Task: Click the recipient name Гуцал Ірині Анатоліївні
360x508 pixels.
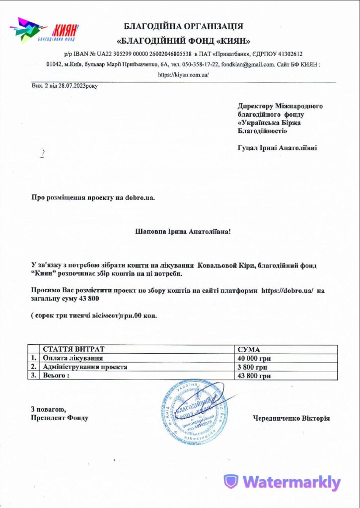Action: [277, 147]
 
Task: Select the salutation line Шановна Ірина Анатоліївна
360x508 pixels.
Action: [183, 231]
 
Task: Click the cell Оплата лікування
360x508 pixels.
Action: [73, 358]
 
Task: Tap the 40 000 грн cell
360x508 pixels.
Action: [255, 358]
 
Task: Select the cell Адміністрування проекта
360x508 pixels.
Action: [85, 367]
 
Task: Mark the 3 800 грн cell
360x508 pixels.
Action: [253, 367]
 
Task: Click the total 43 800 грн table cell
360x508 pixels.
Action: [255, 376]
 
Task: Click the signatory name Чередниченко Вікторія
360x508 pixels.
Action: [291, 418]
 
